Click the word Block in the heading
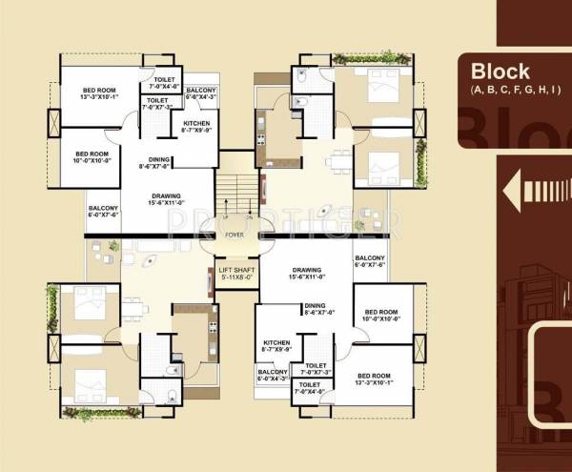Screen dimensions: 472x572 click(x=500, y=72)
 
